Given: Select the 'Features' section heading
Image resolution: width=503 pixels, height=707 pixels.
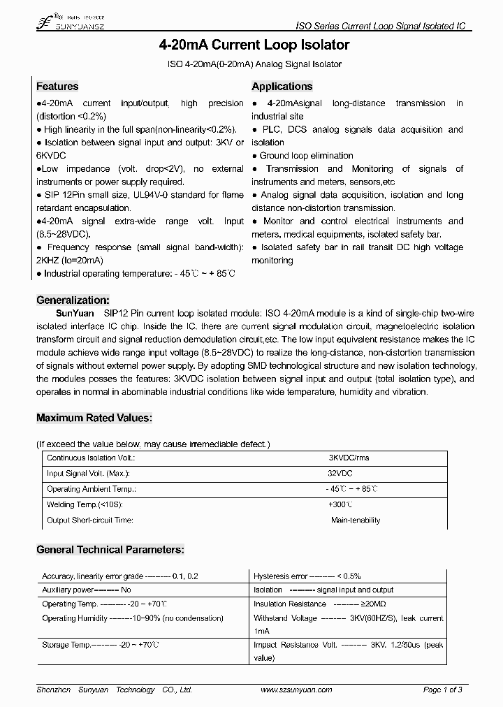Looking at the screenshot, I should (x=57, y=87).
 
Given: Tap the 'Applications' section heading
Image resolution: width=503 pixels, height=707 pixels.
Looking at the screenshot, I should (x=282, y=87).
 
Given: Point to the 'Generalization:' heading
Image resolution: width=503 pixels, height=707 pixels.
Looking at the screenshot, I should (x=73, y=300).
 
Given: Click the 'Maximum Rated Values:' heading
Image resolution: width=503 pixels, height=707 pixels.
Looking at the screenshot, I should (x=94, y=418).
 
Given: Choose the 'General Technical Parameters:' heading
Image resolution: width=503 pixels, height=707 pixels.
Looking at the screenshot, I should (x=110, y=550).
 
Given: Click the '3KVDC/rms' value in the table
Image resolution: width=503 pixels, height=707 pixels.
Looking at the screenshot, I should (x=349, y=458).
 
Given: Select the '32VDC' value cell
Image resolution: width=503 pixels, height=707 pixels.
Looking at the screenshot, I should (x=340, y=474).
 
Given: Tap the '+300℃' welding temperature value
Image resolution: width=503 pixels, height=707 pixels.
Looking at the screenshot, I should (x=340, y=504).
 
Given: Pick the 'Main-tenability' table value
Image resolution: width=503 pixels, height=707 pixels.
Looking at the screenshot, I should (x=356, y=520).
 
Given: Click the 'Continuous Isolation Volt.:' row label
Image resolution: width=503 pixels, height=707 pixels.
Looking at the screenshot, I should (x=90, y=458).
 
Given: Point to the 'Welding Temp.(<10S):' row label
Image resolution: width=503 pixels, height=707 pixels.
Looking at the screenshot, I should (x=84, y=504).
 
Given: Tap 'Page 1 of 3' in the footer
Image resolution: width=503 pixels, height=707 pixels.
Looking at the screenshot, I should (x=443, y=690).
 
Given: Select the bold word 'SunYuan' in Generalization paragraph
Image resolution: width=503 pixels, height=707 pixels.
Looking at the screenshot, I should (x=73, y=314).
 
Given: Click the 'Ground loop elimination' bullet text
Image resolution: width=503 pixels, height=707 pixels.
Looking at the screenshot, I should (x=306, y=156).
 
